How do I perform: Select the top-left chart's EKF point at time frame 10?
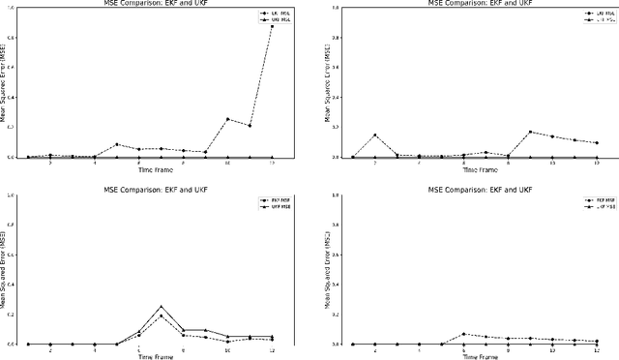pyautogui.click(x=227, y=119)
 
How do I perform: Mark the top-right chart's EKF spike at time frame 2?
pyautogui.click(x=374, y=135)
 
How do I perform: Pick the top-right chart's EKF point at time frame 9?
pyautogui.click(x=530, y=132)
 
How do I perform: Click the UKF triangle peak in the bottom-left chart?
pyautogui.click(x=161, y=307)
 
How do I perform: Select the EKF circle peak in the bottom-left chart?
pyautogui.click(x=161, y=316)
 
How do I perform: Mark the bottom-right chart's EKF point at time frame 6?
pyautogui.click(x=463, y=334)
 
